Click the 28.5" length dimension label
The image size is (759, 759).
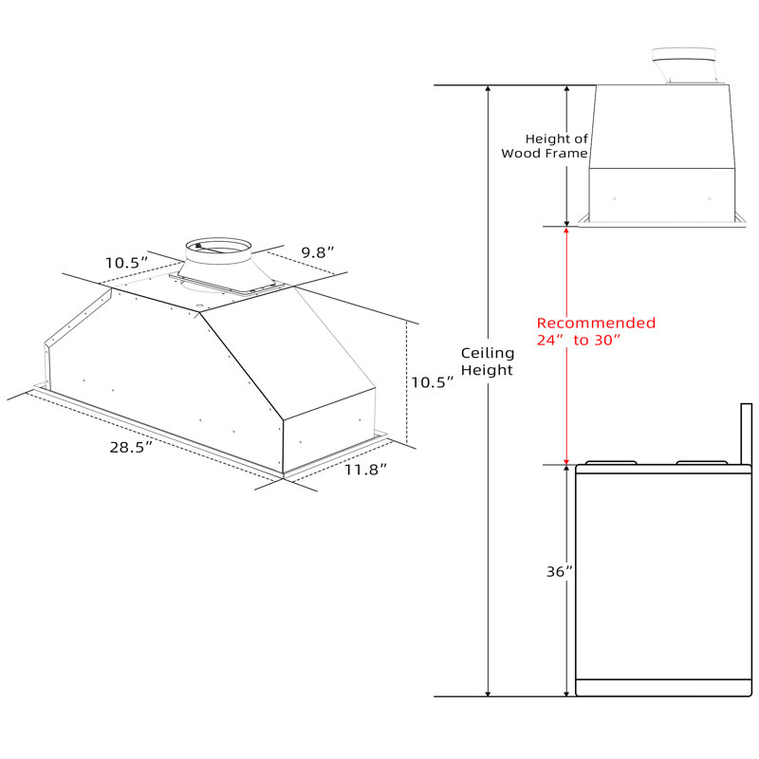coord(131,447)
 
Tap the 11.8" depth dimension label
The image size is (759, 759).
coord(365,469)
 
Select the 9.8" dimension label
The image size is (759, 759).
coord(318,252)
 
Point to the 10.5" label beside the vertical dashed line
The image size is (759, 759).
coord(433,382)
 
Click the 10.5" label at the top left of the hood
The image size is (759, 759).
coord(126,263)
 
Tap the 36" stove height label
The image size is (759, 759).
coord(559,572)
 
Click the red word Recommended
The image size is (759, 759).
coord(596,323)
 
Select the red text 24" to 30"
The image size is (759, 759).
coord(578,341)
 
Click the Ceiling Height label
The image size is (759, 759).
coord(487,361)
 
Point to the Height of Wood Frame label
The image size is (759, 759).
coord(545,146)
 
